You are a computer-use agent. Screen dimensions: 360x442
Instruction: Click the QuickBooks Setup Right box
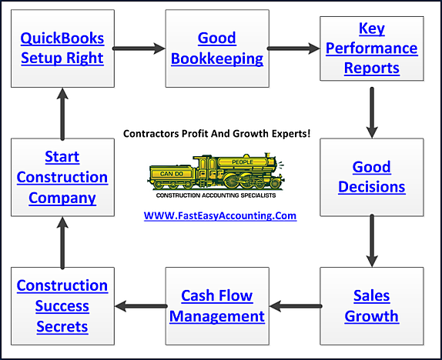coord(62,48)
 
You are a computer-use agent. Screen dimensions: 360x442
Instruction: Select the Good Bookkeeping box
coord(216,48)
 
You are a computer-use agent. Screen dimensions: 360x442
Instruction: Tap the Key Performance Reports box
coord(371,48)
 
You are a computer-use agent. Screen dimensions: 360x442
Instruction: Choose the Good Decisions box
coord(371,177)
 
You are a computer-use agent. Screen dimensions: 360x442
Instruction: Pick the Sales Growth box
coord(371,305)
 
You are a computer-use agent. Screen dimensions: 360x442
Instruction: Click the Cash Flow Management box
coord(216,305)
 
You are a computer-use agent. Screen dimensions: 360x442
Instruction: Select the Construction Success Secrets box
coord(62,305)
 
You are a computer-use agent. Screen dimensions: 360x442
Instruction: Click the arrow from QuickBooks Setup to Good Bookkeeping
coord(139,48)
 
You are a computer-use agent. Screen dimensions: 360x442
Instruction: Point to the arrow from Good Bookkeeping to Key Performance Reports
coord(294,48)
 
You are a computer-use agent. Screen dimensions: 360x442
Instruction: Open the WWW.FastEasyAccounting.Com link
coord(220,216)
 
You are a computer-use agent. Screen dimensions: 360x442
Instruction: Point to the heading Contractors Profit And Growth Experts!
coord(216,133)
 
